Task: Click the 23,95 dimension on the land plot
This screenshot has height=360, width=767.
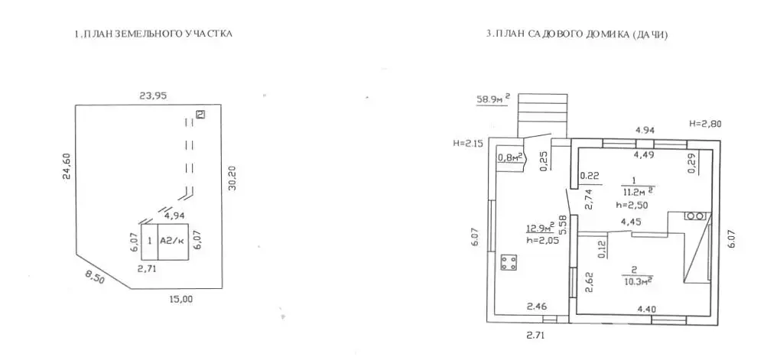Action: point(153,96)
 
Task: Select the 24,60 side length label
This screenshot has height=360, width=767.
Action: point(67,167)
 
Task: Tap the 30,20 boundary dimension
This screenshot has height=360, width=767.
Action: point(232,178)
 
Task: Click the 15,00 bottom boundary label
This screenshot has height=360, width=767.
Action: point(180,300)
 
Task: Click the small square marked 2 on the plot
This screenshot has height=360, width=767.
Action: point(200,115)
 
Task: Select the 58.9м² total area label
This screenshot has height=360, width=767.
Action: point(493,99)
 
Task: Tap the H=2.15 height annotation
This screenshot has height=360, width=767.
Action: point(469,143)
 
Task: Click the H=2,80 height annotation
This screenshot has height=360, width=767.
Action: point(705,125)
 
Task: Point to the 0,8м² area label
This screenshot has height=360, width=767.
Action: point(511,157)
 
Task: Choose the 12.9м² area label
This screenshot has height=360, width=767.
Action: point(540,228)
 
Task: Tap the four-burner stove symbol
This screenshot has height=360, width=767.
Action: point(509,262)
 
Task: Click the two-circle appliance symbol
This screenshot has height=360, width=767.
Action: point(697,216)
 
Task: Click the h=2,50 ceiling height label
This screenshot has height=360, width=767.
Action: point(632,206)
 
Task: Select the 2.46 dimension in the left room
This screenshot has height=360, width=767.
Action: point(536,307)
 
